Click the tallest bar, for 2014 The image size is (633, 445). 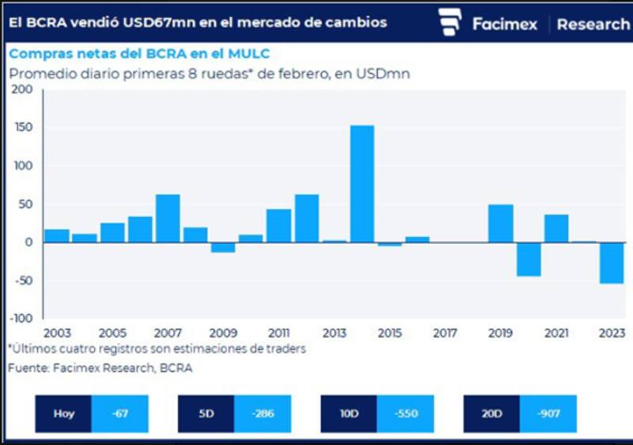[362, 184]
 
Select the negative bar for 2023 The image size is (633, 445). [612, 263]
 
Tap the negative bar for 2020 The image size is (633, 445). [529, 259]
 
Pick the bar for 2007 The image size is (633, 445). [168, 219]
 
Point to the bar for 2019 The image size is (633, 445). [501, 223]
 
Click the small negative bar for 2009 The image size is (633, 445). [223, 247]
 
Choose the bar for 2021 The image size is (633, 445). [556, 228]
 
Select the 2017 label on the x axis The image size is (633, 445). [445, 333]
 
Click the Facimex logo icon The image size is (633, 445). [450, 22]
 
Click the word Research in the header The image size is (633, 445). [593, 24]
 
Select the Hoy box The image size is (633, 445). [64, 413]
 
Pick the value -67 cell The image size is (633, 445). [120, 413]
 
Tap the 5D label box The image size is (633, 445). [206, 413]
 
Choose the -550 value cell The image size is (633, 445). [405, 413]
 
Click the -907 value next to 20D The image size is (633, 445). [548, 413]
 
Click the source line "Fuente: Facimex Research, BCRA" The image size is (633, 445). [100, 368]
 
